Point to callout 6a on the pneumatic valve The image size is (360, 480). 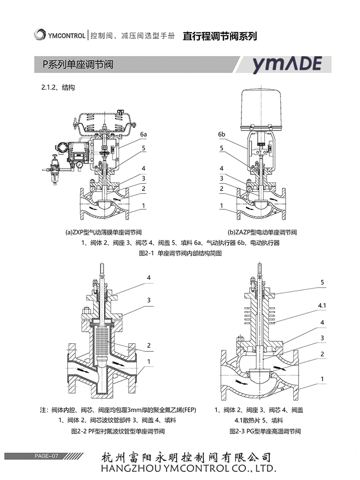click(x=144, y=135)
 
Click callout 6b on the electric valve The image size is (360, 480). click(x=221, y=134)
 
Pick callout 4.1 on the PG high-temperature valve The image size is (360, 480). click(x=322, y=305)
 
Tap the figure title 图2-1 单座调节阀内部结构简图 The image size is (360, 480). click(x=180, y=253)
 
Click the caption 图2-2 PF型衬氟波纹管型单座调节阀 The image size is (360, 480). click(x=118, y=431)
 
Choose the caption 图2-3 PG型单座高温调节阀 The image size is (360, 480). click(x=265, y=431)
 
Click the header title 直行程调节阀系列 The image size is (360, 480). click(x=220, y=36)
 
